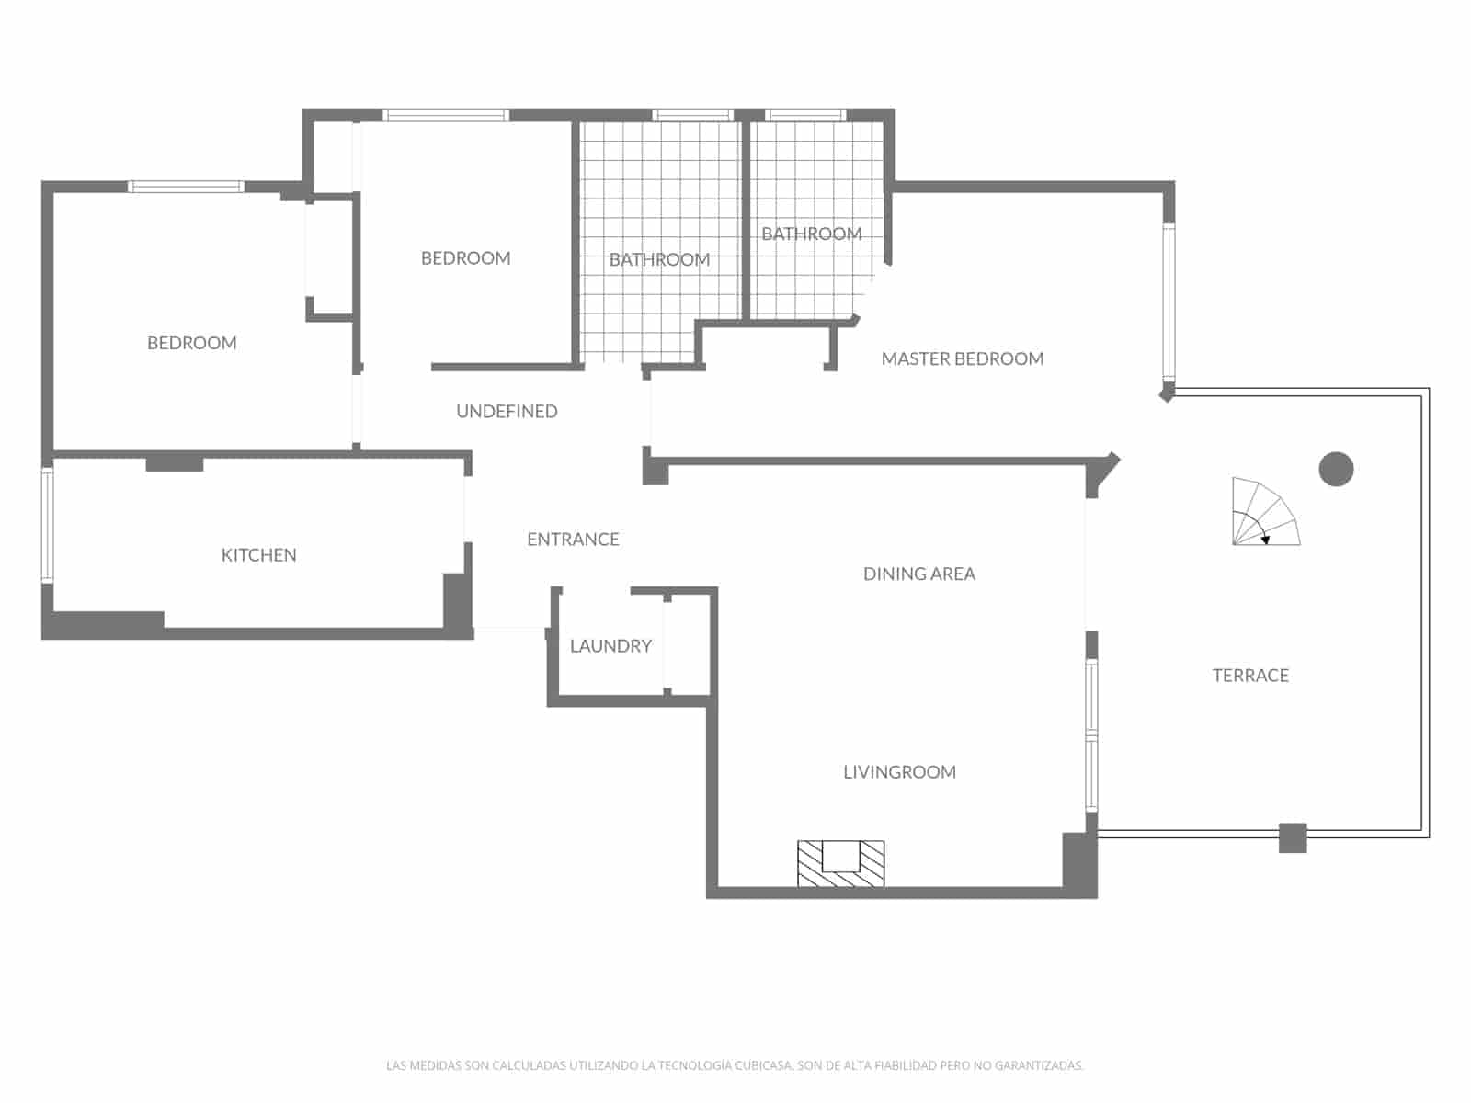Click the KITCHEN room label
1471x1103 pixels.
[258, 555]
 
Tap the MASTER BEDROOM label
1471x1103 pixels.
[962, 359]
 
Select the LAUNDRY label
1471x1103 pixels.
[610, 646]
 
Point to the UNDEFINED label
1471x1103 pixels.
[507, 412]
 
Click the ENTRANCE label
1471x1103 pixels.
[573, 540]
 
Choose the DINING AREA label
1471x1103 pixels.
[918, 574]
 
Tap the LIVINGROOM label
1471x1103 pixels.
[899, 772]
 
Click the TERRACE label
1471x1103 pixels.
[1250, 676]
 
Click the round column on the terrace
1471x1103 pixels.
[1336, 470]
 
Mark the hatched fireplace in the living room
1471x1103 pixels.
[840, 863]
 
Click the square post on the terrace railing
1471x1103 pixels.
[1293, 837]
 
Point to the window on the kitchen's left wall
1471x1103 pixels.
[47, 525]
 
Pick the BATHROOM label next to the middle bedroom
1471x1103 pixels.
[659, 260]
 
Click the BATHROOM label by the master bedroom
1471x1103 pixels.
[811, 234]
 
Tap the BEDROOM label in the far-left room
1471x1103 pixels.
[191, 343]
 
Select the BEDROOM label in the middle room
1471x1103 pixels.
[465, 258]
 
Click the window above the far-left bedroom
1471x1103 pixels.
[186, 187]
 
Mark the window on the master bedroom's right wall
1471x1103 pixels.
[1169, 302]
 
